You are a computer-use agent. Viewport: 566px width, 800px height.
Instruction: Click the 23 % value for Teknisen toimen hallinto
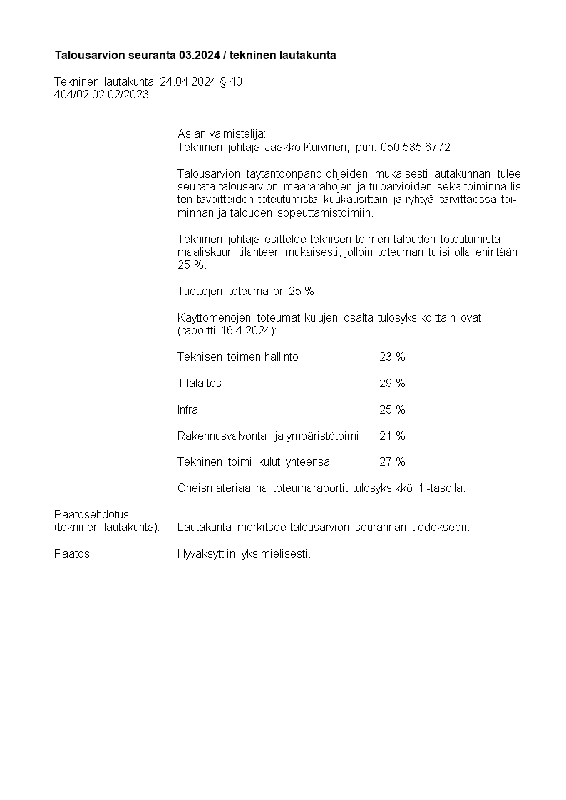point(392,357)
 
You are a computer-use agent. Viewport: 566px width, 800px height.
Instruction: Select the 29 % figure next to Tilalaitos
point(392,383)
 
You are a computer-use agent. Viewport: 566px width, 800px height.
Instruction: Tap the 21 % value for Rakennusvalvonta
point(392,436)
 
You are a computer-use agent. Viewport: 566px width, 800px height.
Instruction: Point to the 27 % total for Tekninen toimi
point(392,462)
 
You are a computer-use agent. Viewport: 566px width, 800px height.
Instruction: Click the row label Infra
point(187,409)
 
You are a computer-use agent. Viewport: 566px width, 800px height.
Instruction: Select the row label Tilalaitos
point(200,383)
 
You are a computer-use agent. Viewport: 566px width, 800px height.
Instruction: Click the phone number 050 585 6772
point(416,147)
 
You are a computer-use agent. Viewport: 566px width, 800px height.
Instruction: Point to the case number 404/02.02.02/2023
point(101,95)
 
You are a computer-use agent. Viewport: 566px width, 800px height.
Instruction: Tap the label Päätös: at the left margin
point(73,554)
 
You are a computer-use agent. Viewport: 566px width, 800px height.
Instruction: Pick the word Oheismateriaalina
point(221,488)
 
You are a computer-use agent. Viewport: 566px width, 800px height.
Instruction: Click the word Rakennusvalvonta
point(222,436)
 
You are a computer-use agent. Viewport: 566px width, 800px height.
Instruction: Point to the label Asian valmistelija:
point(221,133)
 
